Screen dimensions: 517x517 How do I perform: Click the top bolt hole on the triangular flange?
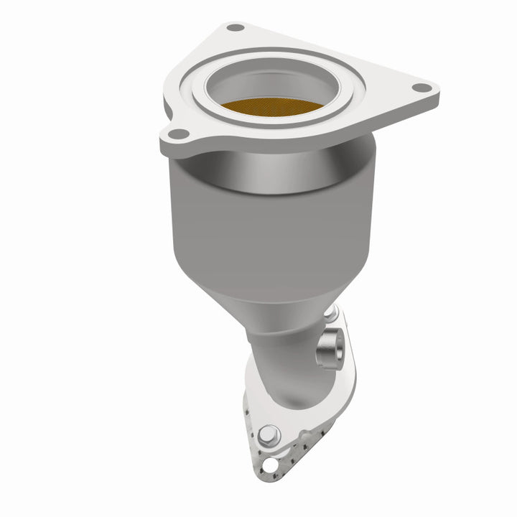[x=235, y=28]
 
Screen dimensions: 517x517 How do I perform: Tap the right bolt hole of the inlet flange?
[x=422, y=88]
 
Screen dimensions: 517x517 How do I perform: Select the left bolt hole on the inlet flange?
[x=179, y=133]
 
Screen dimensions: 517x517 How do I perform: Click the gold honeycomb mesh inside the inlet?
[x=273, y=106]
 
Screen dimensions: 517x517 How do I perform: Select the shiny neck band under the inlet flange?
[x=273, y=169]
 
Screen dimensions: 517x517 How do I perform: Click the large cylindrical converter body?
[x=258, y=230]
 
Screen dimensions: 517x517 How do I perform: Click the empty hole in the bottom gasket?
[x=269, y=465]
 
